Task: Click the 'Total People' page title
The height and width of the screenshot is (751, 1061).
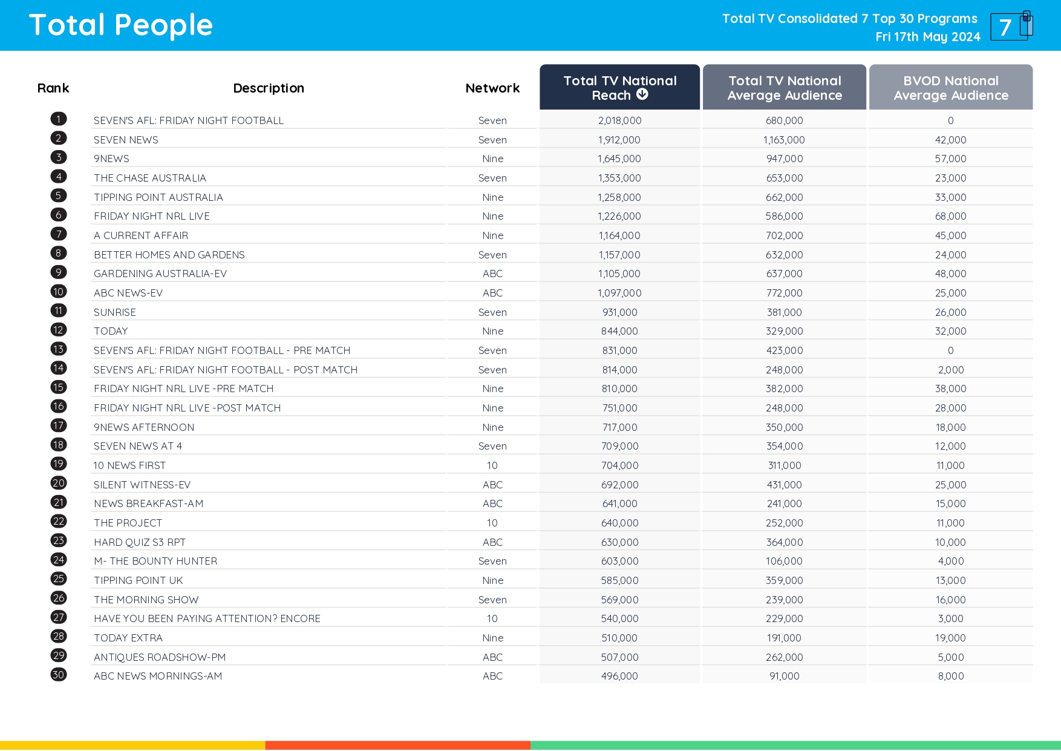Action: pos(120,25)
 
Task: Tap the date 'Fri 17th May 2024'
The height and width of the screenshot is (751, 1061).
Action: pos(927,37)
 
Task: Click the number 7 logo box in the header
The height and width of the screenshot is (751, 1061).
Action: pos(1008,27)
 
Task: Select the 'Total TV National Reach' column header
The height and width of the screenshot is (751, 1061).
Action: pos(619,87)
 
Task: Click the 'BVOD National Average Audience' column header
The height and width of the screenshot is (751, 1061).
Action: pos(950,87)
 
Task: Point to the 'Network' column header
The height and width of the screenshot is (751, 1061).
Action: pos(492,88)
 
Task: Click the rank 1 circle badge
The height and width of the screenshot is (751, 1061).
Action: pos(59,119)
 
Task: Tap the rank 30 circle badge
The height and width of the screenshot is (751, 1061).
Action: pos(59,675)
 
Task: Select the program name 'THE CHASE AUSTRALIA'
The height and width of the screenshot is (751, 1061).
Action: pos(150,178)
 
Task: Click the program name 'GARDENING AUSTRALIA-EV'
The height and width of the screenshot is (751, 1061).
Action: pos(160,274)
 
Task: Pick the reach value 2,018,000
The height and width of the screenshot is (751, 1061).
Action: pos(619,120)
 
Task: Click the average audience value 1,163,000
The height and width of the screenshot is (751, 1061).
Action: pos(784,140)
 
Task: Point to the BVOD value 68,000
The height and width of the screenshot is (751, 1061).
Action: pos(950,216)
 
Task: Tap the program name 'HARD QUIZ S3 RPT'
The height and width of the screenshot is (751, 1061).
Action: pos(140,542)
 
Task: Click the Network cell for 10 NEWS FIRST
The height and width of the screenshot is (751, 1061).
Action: pos(492,465)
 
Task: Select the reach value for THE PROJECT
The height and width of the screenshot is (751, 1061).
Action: pos(619,523)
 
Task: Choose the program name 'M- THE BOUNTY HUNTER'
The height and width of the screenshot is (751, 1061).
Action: pos(155,561)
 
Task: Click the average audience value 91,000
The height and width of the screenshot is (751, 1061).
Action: pos(784,676)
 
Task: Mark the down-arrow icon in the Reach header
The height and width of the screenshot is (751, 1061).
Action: pos(642,94)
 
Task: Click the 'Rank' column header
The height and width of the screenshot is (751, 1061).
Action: pos(53,88)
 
